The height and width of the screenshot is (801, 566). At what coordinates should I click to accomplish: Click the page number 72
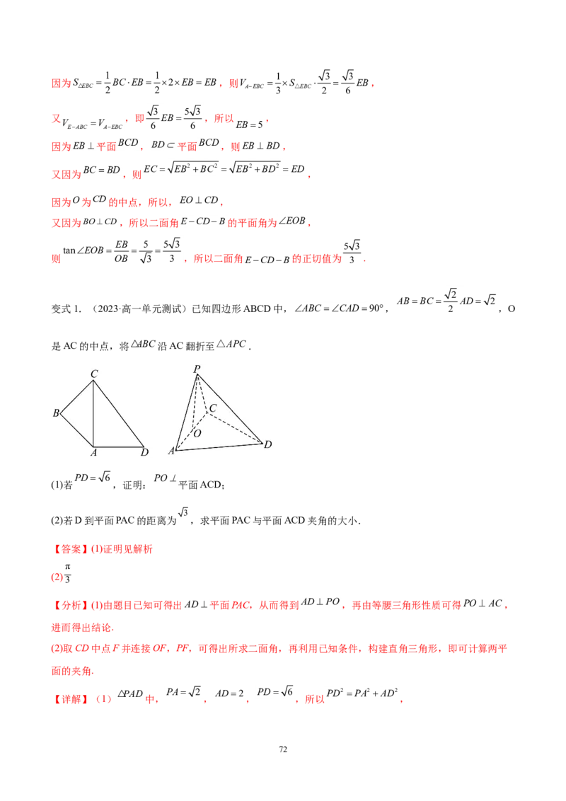pyautogui.click(x=283, y=749)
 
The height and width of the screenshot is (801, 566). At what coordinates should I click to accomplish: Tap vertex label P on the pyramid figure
pyautogui.click(x=197, y=369)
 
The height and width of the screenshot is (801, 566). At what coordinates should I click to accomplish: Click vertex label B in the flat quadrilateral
pyautogui.click(x=56, y=413)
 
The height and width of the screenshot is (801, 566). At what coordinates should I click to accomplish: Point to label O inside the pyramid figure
pyautogui.click(x=197, y=433)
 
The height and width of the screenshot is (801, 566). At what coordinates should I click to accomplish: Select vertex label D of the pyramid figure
pyautogui.click(x=267, y=444)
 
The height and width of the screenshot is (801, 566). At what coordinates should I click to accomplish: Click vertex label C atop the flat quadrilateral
pyautogui.click(x=94, y=374)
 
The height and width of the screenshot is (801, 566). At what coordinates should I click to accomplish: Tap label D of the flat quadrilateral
pyautogui.click(x=144, y=452)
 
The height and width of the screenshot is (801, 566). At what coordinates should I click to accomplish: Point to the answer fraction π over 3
pyautogui.click(x=67, y=573)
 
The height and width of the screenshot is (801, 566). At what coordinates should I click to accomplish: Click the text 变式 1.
pyautogui.click(x=67, y=309)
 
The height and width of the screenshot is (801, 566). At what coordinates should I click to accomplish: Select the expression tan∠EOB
pyautogui.click(x=83, y=250)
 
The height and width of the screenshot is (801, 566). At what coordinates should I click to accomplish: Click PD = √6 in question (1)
pyautogui.click(x=93, y=477)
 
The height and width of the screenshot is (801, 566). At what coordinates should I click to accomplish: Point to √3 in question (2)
pyautogui.click(x=183, y=512)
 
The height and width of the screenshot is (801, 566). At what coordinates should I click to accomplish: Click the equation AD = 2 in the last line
pyautogui.click(x=229, y=693)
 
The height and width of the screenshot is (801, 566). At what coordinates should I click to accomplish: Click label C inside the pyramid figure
pyautogui.click(x=213, y=408)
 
